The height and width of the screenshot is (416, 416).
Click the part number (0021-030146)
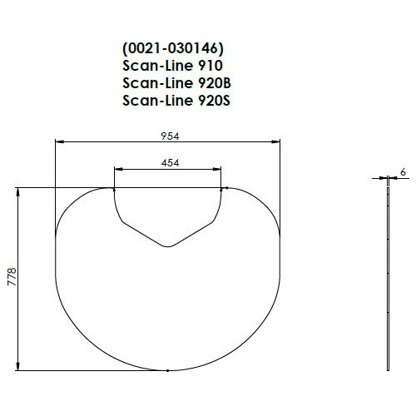173,49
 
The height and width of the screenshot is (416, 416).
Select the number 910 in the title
210,66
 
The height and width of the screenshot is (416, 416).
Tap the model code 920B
215,83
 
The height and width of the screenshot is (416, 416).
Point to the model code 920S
215,100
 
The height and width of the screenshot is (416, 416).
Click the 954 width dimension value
170,136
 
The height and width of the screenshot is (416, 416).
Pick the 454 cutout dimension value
171,163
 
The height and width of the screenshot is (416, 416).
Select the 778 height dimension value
12,277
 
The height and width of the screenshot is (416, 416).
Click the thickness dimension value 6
403,172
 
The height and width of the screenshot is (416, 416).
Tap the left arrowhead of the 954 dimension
60,141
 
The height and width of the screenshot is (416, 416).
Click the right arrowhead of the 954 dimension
275,141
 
